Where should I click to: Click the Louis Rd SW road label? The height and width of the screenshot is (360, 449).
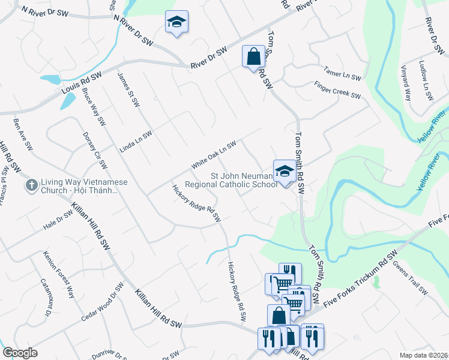coord(81,85)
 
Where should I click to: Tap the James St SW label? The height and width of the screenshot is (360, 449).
coord(128,90)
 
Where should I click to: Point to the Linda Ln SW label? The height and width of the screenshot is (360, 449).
coord(135,143)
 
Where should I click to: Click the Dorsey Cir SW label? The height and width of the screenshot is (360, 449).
coord(95,151)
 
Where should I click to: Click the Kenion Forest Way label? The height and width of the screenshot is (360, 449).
coord(58,275)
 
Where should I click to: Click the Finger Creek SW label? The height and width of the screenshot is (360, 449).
coord(337,91)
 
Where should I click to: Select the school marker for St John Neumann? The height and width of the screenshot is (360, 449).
coord(284,172)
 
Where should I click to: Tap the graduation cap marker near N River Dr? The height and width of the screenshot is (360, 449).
coord(176,22)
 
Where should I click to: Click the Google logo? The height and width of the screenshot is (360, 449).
coord(20,352)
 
